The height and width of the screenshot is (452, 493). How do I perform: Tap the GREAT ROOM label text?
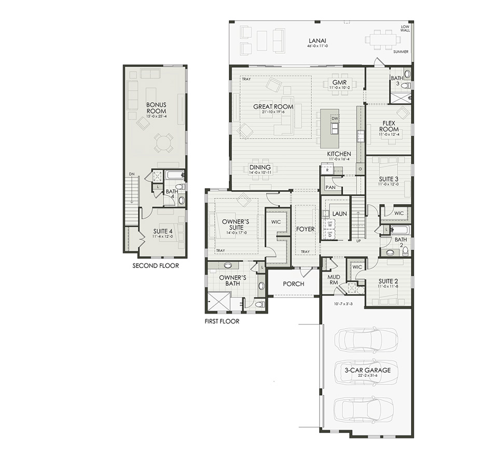point(273,107)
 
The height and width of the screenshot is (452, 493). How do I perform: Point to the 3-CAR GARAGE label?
point(367,370)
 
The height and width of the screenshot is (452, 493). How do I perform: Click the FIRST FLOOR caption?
point(222,321)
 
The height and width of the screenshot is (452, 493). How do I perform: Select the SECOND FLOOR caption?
point(156,266)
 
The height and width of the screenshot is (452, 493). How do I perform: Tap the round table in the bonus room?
point(163,142)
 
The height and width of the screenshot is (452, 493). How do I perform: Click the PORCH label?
point(293,284)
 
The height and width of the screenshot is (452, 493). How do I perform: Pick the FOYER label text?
point(305,229)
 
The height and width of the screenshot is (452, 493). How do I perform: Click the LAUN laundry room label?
point(339,214)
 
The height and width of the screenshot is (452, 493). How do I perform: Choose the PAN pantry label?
point(331,187)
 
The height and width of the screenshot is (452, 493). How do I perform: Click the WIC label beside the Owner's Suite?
point(276,221)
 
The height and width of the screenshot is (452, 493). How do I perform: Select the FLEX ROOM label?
point(389,126)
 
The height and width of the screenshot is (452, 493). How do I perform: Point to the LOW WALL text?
point(405,28)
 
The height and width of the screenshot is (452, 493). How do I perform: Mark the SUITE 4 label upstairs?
point(163,231)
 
